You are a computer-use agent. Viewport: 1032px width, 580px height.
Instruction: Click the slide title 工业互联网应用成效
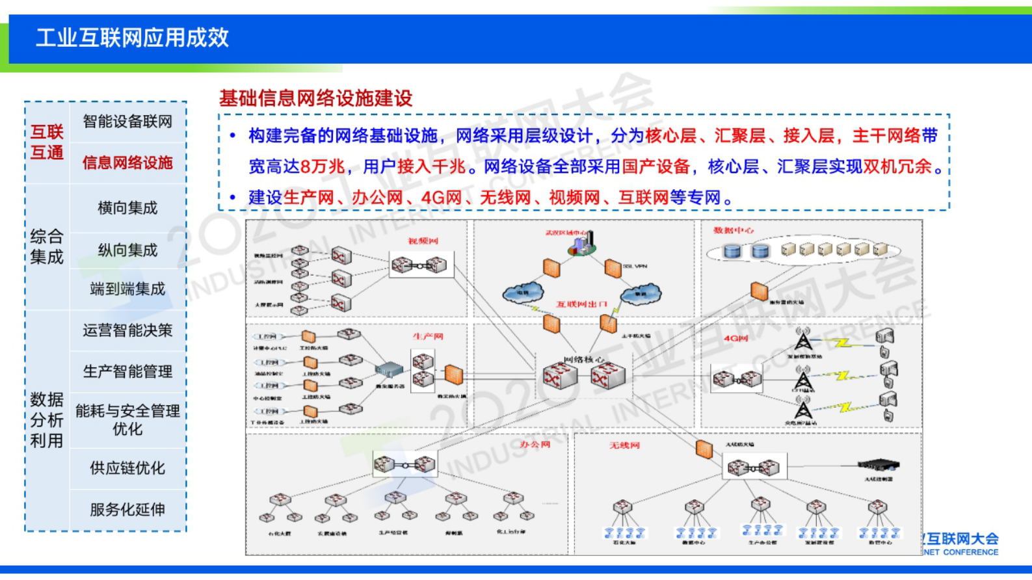pyautogui.click(x=132, y=38)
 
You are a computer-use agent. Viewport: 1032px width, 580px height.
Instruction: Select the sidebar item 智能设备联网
pyautogui.click(x=127, y=122)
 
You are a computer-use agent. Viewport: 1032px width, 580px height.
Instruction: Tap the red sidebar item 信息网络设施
pyautogui.click(x=127, y=163)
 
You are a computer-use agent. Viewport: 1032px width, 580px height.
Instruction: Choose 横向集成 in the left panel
pyautogui.click(x=127, y=208)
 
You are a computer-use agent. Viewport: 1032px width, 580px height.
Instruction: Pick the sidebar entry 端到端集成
pyautogui.click(x=127, y=289)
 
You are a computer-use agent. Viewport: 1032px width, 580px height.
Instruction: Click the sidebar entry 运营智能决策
pyautogui.click(x=127, y=330)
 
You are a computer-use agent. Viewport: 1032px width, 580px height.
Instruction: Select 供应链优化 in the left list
pyautogui.click(x=127, y=468)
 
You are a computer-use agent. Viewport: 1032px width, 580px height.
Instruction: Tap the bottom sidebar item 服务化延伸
pyautogui.click(x=127, y=510)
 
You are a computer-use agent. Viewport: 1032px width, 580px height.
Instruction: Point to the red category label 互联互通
pyautogui.click(x=47, y=142)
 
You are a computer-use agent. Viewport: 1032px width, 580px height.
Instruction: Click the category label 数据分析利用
pyautogui.click(x=47, y=420)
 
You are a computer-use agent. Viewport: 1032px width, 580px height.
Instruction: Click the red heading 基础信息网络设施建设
pyautogui.click(x=315, y=98)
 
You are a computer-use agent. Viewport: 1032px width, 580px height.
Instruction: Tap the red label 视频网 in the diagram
pyautogui.click(x=423, y=241)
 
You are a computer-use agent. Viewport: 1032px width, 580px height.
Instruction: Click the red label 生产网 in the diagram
pyautogui.click(x=427, y=337)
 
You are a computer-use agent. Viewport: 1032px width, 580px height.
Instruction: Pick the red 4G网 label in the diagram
pyautogui.click(x=735, y=339)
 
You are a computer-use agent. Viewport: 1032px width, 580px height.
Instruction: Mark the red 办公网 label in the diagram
pyautogui.click(x=535, y=445)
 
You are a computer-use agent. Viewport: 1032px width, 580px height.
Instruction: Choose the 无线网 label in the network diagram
pyautogui.click(x=624, y=445)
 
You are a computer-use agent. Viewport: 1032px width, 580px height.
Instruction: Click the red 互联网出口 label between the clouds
pyautogui.click(x=581, y=304)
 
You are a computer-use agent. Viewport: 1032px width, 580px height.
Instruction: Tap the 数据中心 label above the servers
pyautogui.click(x=734, y=231)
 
